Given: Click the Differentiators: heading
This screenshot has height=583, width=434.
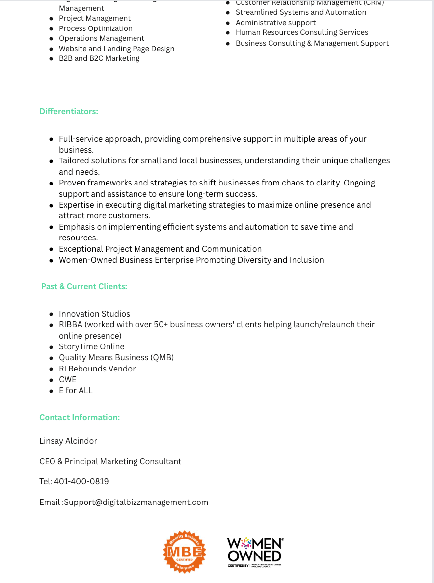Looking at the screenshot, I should pyautogui.click(x=69, y=112).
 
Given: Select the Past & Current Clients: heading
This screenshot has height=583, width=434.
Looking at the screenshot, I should pyautogui.click(x=84, y=286).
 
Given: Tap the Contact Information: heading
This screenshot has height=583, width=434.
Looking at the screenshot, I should pyautogui.click(x=80, y=418).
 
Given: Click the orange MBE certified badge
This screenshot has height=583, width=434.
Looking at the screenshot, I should pyautogui.click(x=185, y=552).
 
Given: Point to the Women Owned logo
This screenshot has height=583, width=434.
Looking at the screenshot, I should pyautogui.click(x=255, y=552).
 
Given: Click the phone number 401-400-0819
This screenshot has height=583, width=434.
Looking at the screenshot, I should pyautogui.click(x=81, y=482).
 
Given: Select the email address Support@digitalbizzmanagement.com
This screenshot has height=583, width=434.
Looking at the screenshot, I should pyautogui.click(x=136, y=503).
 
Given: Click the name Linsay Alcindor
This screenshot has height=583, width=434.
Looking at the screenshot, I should pyautogui.click(x=68, y=441).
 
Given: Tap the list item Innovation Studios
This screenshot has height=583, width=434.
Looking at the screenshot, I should pyautogui.click(x=94, y=314).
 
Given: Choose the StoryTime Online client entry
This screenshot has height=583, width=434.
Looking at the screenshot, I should pyautogui.click(x=91, y=347).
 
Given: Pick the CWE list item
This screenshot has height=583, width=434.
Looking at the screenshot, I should pyautogui.click(x=68, y=380).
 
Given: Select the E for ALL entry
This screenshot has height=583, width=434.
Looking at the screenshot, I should pyautogui.click(x=76, y=391).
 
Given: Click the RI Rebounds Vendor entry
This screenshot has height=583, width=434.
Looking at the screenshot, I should pyautogui.click(x=97, y=369).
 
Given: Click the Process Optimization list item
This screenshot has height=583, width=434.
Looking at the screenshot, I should pyautogui.click(x=96, y=28).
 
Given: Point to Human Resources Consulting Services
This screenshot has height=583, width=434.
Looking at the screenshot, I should pyautogui.click(x=302, y=32).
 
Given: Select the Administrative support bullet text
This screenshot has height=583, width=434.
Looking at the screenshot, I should pyautogui.click(x=276, y=23).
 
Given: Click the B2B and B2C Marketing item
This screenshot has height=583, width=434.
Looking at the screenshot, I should pyautogui.click(x=99, y=58).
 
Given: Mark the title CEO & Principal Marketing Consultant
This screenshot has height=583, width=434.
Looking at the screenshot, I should pyautogui.click(x=110, y=462).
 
